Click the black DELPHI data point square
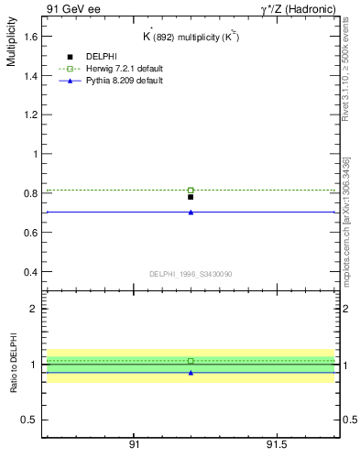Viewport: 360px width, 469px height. [191, 197]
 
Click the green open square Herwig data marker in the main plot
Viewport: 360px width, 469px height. [191, 190]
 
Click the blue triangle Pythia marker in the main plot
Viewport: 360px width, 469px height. [191, 212]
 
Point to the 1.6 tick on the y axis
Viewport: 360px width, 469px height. [29, 37]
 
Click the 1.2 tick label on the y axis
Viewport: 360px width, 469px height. [29, 115]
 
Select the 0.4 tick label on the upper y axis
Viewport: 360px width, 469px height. [29, 273]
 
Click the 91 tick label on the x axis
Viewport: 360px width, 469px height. [135, 443]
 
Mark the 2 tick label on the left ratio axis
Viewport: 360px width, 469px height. [33, 309]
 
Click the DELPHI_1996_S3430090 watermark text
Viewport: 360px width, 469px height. [190, 274]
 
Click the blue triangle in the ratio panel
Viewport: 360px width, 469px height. [191, 373]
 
